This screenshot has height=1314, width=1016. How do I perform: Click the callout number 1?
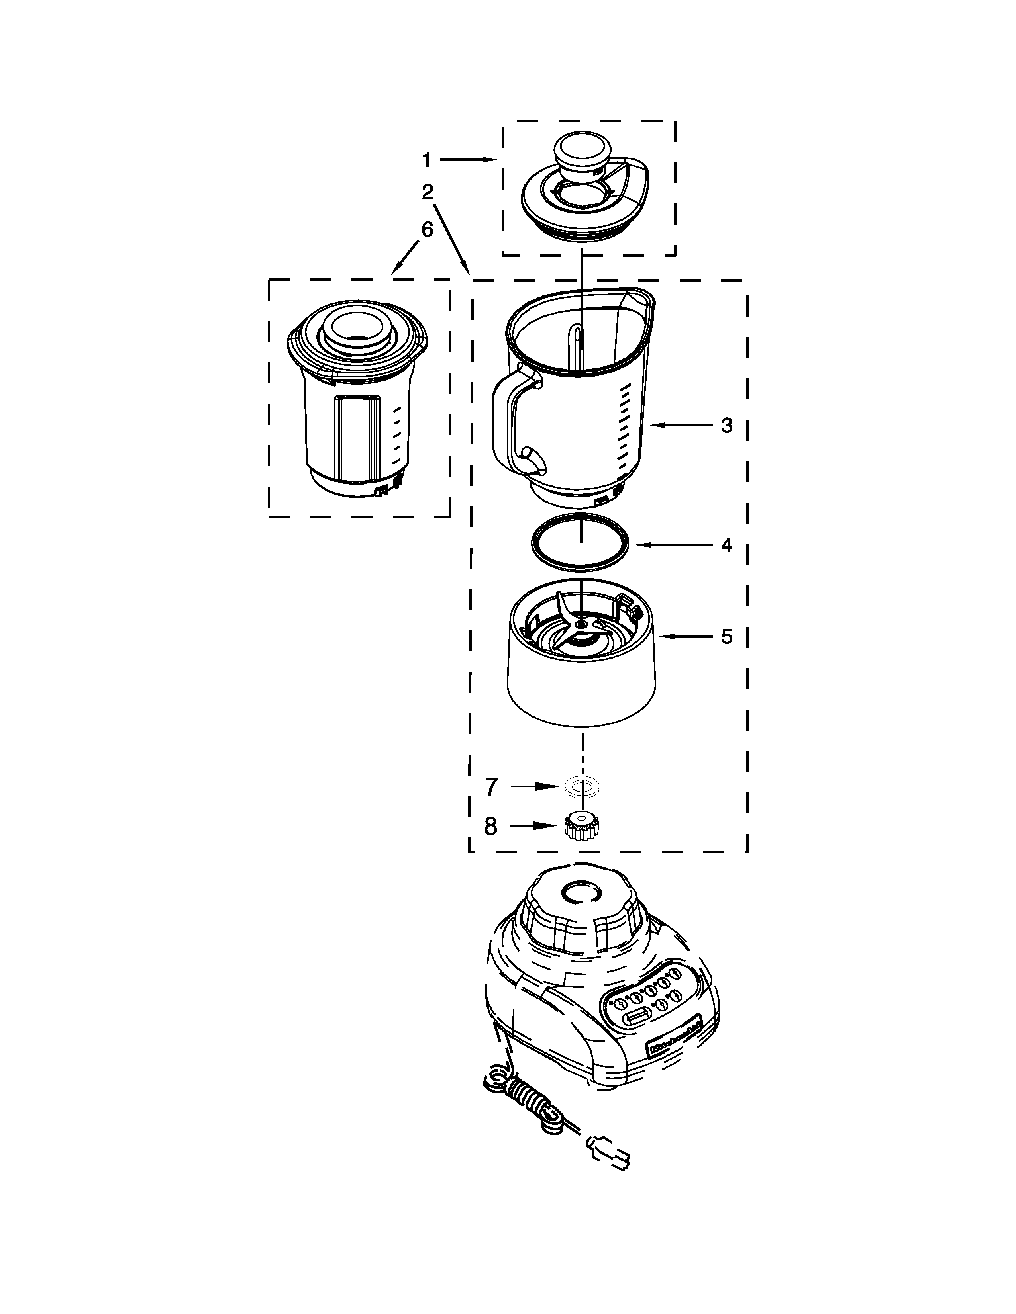tap(426, 160)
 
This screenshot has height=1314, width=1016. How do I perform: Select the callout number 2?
tap(428, 193)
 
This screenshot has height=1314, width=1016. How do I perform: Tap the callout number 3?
tap(726, 425)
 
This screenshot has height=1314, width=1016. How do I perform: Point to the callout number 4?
tap(726, 545)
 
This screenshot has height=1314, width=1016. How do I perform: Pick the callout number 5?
tap(726, 637)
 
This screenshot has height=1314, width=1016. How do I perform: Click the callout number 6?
tap(427, 230)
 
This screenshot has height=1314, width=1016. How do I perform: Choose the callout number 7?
tap(492, 787)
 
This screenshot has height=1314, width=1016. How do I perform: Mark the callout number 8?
tap(491, 827)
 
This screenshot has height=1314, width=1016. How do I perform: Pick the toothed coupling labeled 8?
tap(581, 826)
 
